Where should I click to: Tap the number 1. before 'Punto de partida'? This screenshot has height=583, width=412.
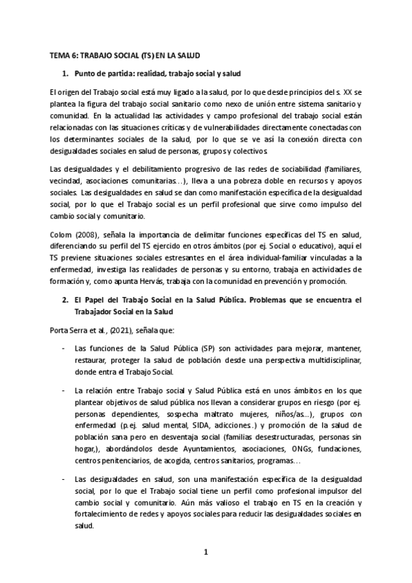coord(65,72)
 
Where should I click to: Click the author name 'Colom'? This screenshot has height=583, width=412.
coord(62,234)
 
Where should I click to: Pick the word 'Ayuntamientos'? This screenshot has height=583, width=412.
coord(203,448)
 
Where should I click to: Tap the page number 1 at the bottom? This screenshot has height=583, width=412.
coord(205,551)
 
